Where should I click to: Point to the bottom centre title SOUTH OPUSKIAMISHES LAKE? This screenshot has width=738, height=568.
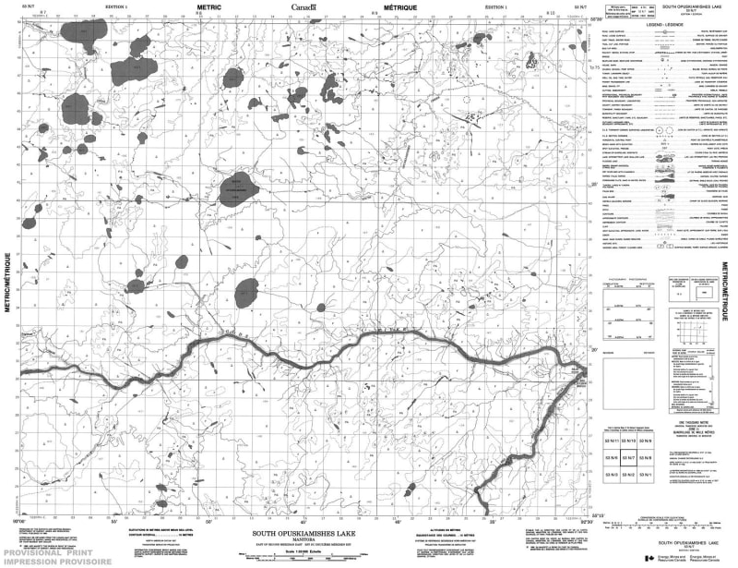[x=304, y=534]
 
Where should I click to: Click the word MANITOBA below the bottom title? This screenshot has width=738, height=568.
[x=304, y=540]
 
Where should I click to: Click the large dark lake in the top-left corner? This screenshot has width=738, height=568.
[x=85, y=30]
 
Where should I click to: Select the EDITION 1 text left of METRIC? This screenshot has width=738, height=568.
[x=117, y=6]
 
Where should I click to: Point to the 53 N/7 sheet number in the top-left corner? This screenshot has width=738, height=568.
[x=14, y=6]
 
